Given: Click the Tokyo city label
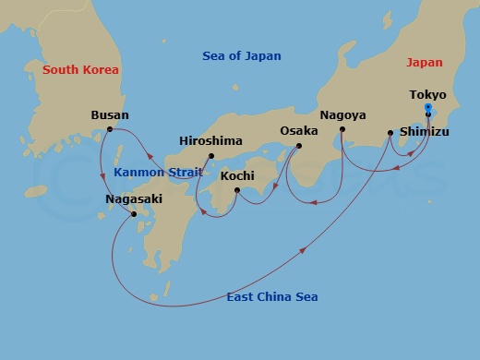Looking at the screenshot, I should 427,95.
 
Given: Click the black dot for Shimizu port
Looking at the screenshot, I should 390,133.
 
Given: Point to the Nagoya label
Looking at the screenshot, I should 342,115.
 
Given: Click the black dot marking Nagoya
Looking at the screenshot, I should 342,129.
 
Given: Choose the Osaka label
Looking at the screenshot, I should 299,131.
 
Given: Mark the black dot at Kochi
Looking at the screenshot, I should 238,191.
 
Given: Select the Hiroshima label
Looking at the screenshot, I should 210,141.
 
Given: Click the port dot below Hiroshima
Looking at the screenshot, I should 210,155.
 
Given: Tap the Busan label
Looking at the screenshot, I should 110,115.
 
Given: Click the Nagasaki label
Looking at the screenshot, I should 134,197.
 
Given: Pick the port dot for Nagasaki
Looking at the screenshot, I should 135,214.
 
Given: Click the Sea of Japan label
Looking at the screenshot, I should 241,56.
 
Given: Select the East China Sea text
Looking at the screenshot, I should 271,296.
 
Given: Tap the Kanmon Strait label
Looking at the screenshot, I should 152,173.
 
